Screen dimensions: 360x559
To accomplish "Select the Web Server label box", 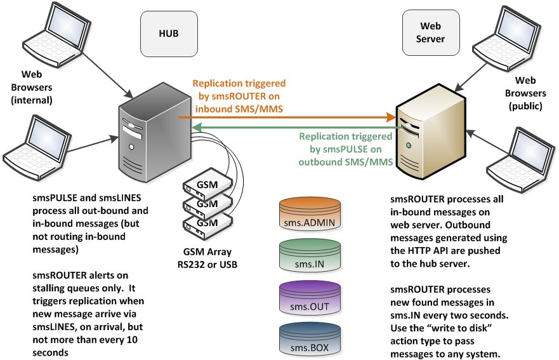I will [429, 33].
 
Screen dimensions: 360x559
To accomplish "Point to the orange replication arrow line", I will [286, 117].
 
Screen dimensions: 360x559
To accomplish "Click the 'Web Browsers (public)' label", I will [525, 94].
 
